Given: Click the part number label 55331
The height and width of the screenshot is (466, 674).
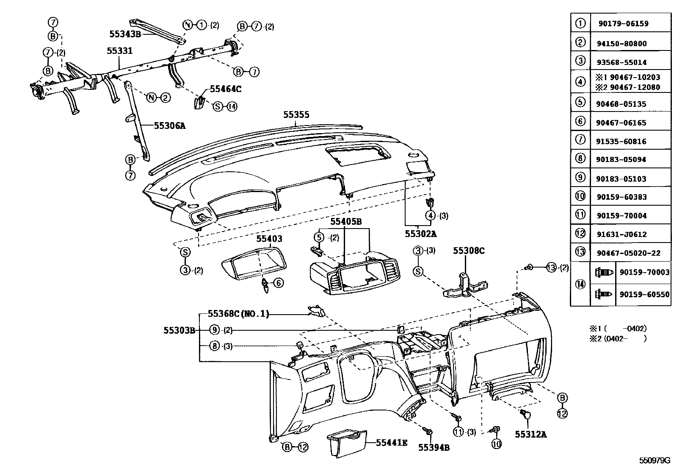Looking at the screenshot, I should click(119, 51).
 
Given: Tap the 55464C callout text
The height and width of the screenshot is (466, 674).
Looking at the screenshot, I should click(226, 89).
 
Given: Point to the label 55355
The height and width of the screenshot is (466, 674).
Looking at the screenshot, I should click(296, 114).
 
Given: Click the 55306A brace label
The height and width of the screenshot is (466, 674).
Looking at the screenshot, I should click(170, 126).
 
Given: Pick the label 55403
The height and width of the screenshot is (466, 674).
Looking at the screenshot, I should click(269, 239).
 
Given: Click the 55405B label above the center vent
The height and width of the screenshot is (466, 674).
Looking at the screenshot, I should click(346, 221).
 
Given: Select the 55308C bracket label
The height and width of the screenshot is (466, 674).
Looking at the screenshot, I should click(469, 251).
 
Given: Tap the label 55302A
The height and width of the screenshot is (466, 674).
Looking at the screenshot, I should click(420, 234).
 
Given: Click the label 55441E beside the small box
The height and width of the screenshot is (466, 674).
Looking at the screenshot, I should click(392, 443).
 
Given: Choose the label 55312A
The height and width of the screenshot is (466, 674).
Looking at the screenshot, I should click(531, 434).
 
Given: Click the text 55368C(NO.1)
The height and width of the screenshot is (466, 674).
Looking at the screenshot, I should click(238, 314).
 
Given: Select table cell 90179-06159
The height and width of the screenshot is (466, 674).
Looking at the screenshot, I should click(623, 24).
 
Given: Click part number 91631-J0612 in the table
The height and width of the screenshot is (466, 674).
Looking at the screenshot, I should click(622, 234).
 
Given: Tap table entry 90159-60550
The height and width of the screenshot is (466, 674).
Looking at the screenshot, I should click(644, 294).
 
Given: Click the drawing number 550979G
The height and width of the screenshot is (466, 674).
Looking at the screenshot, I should click(655, 460).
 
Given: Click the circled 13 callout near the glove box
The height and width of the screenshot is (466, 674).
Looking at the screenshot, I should click(550, 268).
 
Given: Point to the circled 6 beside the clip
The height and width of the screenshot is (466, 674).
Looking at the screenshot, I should click(278, 283).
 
